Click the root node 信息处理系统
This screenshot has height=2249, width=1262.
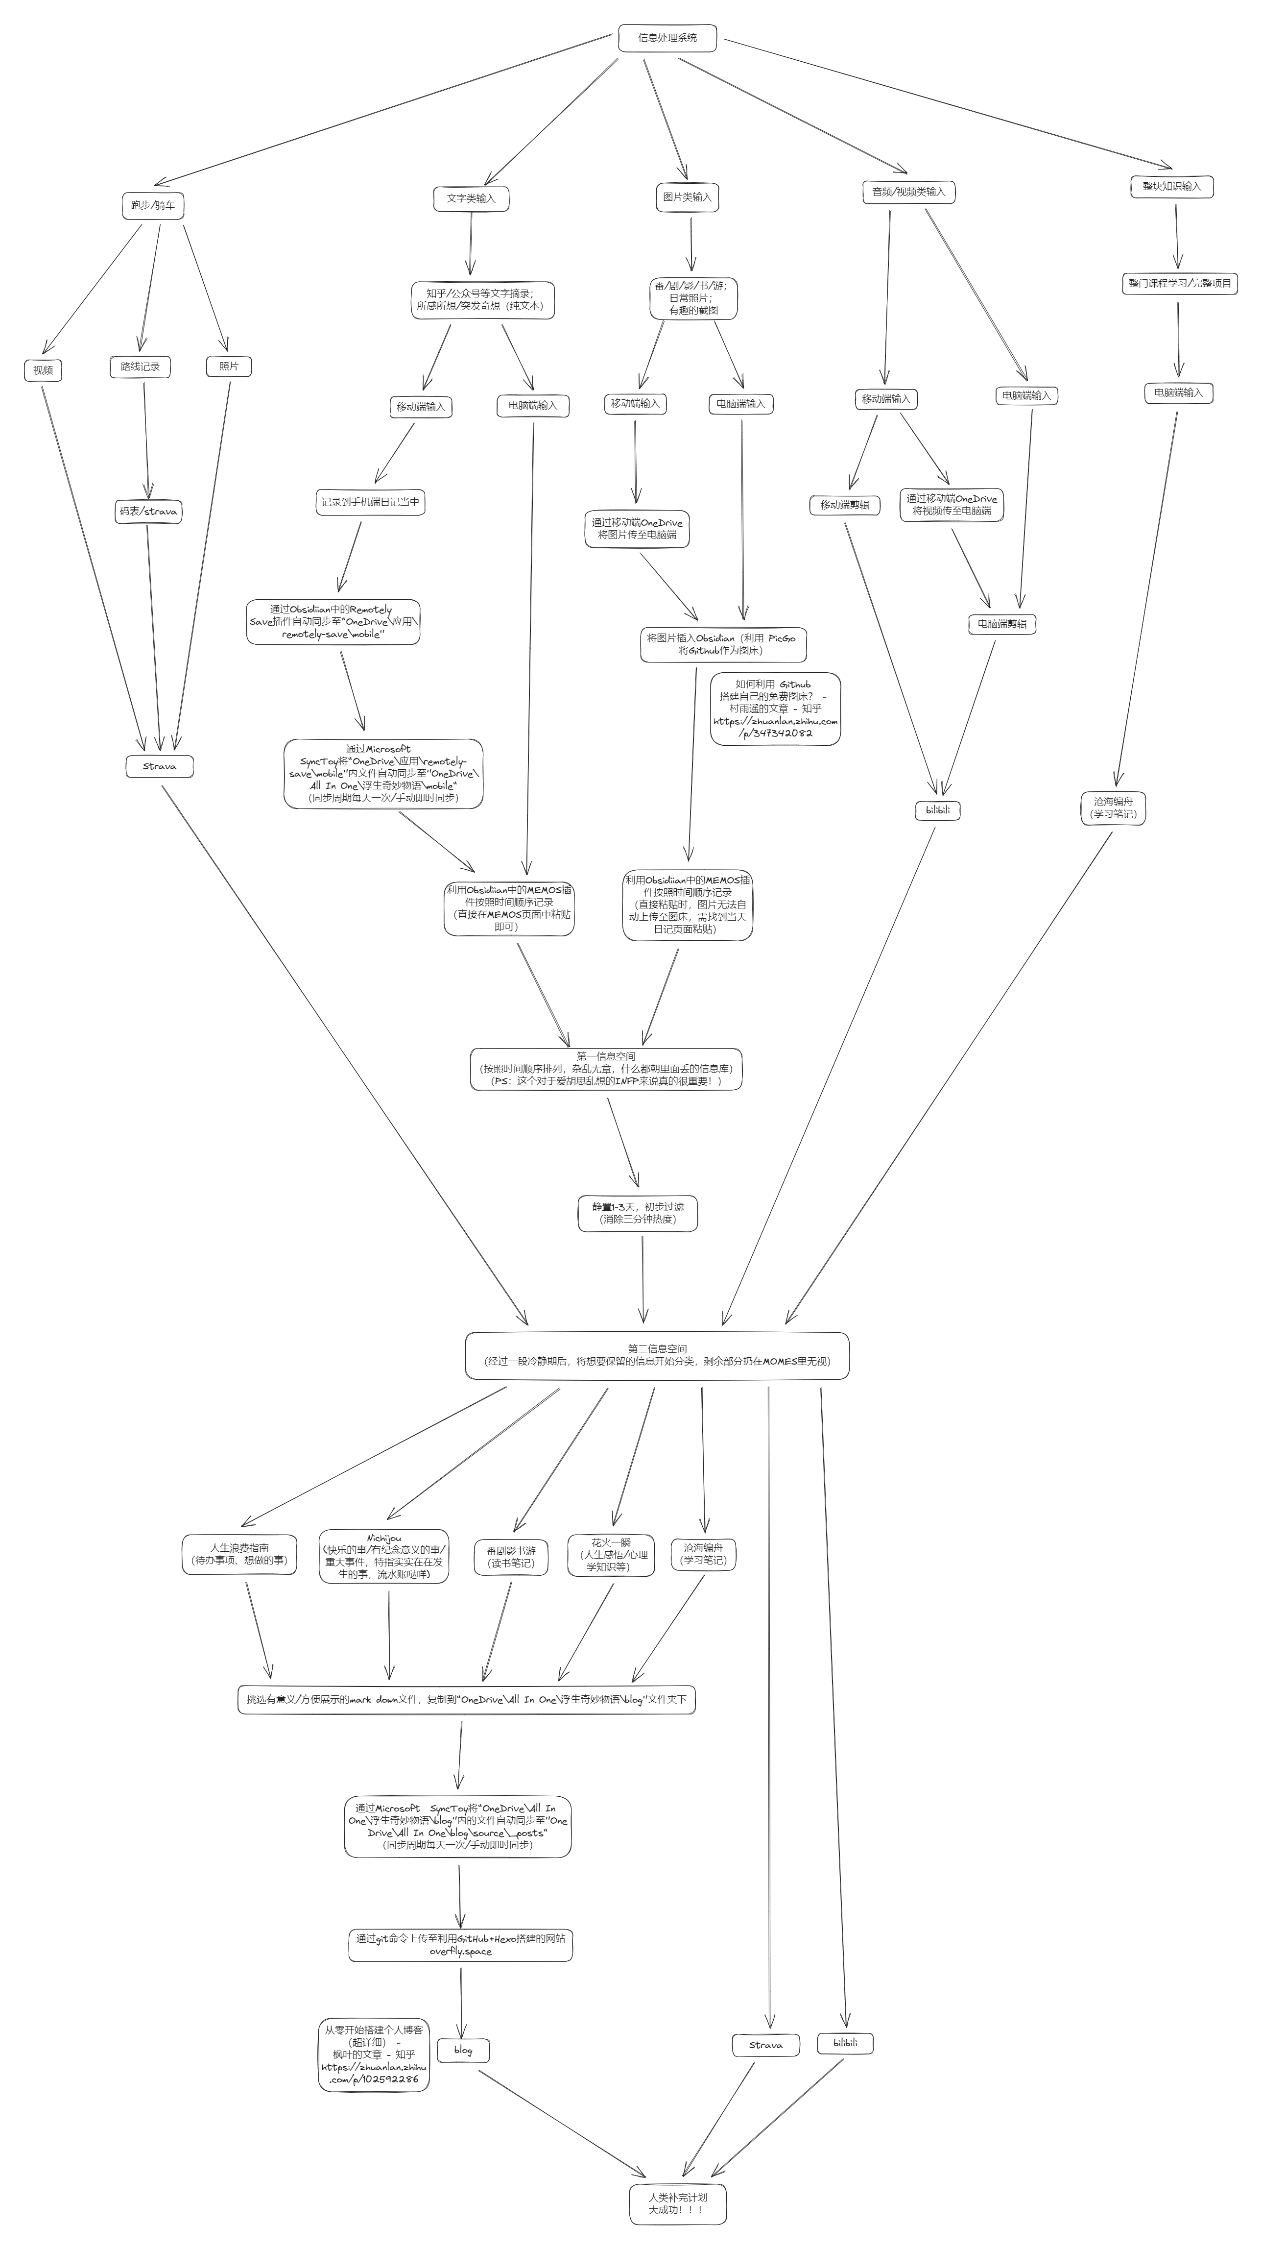coord(667,38)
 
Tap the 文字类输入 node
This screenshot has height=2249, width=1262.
coord(471,198)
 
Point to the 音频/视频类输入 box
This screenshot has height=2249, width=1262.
coord(908,192)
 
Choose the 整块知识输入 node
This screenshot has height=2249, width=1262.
coord(1171,186)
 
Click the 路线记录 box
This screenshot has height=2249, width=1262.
coord(140,367)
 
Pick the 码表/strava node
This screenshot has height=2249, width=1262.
coord(148,512)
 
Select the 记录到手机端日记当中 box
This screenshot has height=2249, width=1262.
coord(370,502)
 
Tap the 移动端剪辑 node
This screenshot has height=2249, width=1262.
coord(844,505)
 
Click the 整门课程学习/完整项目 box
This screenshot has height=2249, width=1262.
coord(1179,284)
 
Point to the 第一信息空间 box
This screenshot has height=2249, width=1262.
coord(606,1069)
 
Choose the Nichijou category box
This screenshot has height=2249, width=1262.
coord(384,1556)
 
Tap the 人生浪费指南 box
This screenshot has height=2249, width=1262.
coord(239,1554)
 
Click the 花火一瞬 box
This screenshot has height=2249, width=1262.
coord(610,1555)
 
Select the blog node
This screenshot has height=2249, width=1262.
coord(463,2050)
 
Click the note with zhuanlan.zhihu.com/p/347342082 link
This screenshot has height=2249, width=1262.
coord(775,709)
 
